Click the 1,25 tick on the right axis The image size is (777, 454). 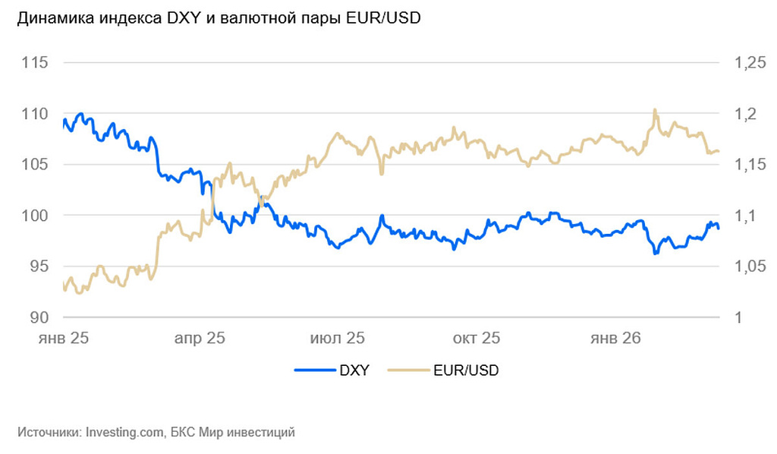(x=750, y=63)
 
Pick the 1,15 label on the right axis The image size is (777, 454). (x=750, y=165)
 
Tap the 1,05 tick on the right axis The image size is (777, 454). (x=750, y=266)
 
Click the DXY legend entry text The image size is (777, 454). (x=354, y=371)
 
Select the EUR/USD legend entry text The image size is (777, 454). (x=466, y=371)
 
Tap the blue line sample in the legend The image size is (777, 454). (x=314, y=371)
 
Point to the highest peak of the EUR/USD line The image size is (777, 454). (x=655, y=110)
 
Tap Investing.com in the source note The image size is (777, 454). (x=124, y=433)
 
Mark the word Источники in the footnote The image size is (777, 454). (x=49, y=433)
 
